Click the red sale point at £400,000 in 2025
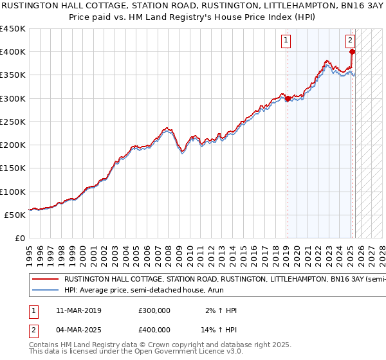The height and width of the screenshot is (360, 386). tap(353, 52)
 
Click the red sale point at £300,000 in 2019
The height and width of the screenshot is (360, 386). tap(288, 98)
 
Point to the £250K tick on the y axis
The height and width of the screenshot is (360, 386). tap(13, 122)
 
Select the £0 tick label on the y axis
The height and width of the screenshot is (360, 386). tap(21, 238)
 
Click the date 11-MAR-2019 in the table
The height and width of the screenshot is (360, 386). tap(79, 310)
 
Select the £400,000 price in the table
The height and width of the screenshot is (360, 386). tap(154, 329)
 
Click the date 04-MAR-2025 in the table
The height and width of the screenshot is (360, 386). tap(79, 329)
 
